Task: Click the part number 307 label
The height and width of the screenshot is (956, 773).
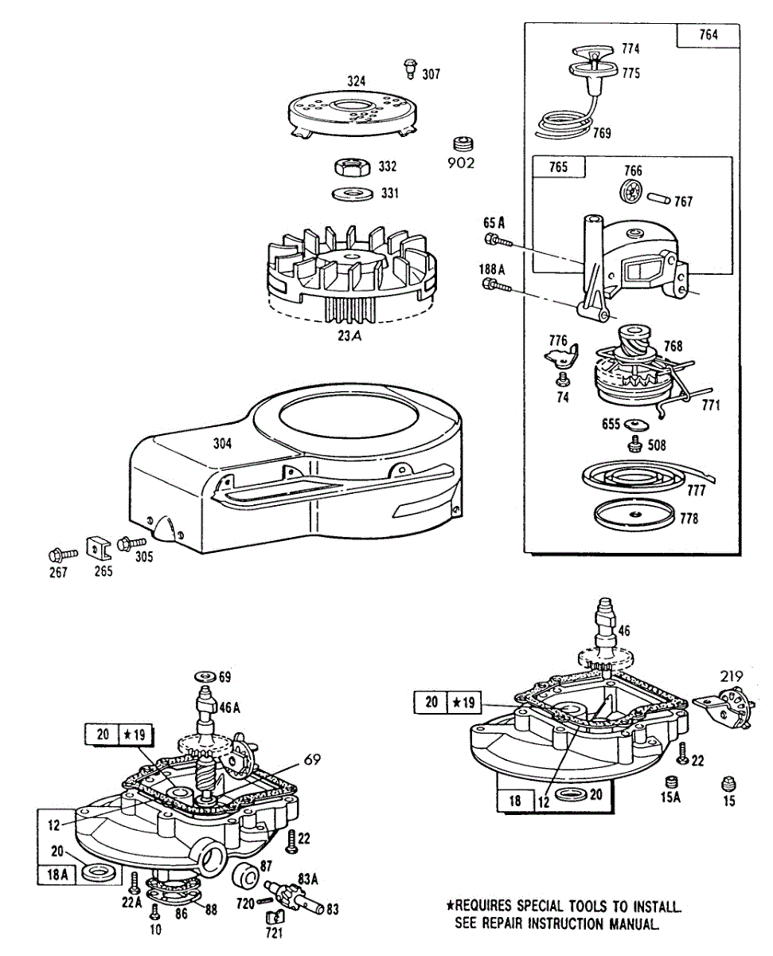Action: coord(431,75)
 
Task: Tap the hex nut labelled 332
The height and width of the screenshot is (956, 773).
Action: coord(349,167)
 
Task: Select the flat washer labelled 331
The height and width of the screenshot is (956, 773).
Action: coord(349,194)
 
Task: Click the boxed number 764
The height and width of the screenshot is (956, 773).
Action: coord(708,35)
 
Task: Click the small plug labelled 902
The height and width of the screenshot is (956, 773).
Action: coord(463,144)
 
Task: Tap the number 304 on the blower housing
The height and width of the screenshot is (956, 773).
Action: coord(222,444)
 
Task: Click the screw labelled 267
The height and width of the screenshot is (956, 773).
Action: coord(59,552)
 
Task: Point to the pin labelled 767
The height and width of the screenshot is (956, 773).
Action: coord(656,196)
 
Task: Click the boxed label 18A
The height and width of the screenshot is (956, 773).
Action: coord(58,873)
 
